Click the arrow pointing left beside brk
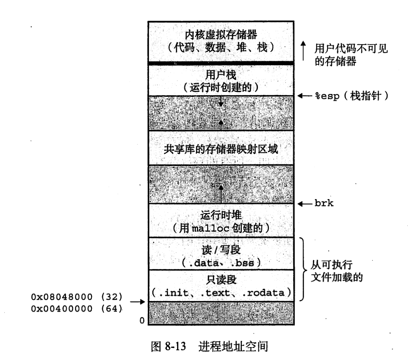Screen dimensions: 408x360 [304, 203]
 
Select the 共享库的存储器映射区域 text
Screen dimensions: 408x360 [221, 149]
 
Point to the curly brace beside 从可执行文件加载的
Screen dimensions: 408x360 [304, 269]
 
